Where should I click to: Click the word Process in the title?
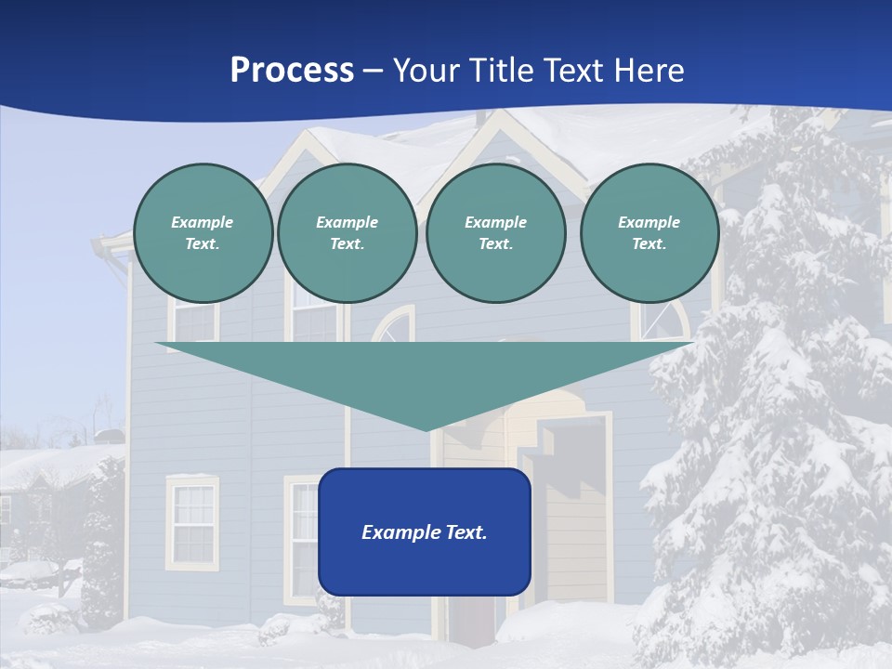click(292, 71)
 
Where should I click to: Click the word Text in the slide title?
click(575, 71)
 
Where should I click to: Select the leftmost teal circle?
click(203, 232)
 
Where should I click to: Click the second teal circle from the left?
click(347, 232)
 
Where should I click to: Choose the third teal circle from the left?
click(495, 232)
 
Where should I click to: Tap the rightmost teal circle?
click(649, 232)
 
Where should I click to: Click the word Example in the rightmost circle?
click(649, 222)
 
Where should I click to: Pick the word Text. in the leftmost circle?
click(203, 244)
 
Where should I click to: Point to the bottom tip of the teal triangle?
click(426, 428)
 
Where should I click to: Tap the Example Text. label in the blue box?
click(425, 532)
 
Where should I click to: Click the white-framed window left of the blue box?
click(193, 521)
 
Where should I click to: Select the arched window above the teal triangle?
click(393, 324)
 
